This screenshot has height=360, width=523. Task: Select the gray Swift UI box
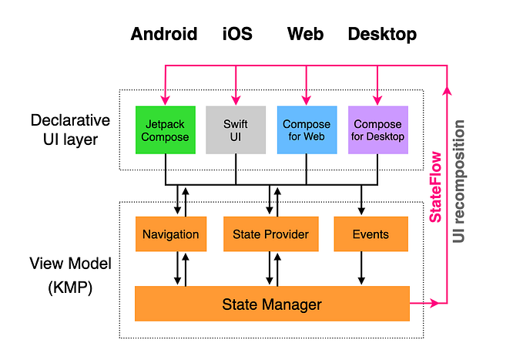[x=236, y=130]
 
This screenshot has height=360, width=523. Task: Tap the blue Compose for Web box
[x=307, y=130]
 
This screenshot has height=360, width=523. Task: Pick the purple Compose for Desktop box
[x=377, y=130]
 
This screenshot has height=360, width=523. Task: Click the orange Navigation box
[x=171, y=234]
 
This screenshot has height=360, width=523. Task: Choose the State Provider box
[x=270, y=234]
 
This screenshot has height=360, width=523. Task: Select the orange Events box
[x=370, y=234]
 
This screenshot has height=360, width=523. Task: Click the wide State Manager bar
[x=272, y=304]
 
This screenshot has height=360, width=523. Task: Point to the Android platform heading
[x=164, y=34]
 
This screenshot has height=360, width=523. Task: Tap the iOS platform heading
[x=236, y=34]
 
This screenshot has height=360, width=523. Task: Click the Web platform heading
[x=305, y=34]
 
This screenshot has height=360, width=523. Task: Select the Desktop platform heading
[x=382, y=34]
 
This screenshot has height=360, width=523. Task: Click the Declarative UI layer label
[x=70, y=130]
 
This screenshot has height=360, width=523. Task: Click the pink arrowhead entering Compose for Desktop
[x=377, y=99]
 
